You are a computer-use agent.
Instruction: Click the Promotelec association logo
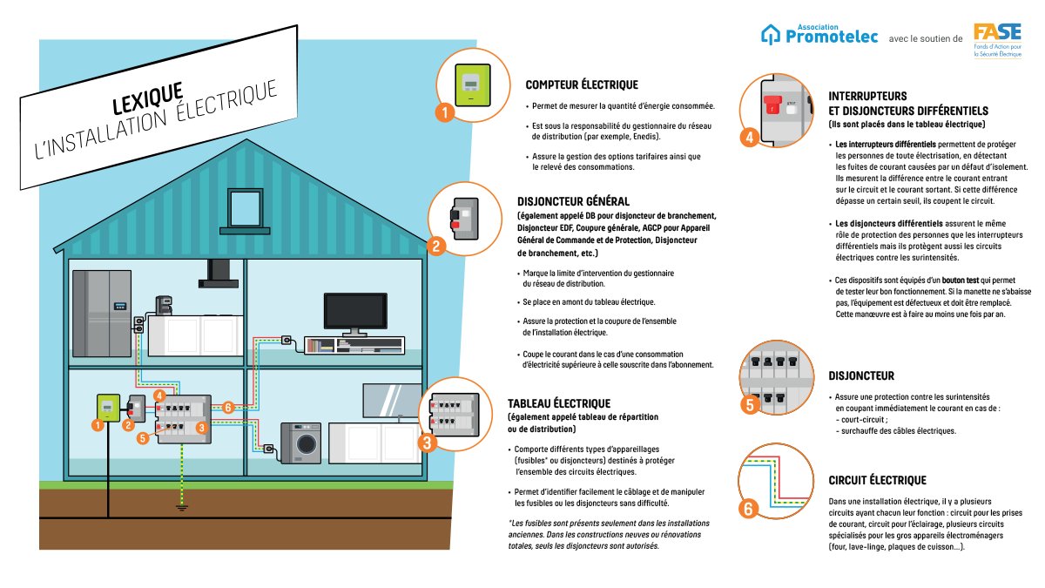tap(819, 34)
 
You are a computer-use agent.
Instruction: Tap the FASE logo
tap(997, 40)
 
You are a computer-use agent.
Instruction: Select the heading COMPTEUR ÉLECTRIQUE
tap(582, 85)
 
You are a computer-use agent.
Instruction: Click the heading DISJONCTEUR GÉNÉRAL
tap(573, 201)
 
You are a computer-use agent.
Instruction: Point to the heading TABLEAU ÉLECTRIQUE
tap(559, 403)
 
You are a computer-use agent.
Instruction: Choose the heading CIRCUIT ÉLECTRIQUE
tap(877, 480)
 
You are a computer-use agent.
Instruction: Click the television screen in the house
tap(355, 311)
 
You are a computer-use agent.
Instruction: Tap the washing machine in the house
tap(301, 443)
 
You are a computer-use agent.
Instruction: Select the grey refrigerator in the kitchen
tap(102, 313)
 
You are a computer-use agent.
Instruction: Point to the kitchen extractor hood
tap(219, 274)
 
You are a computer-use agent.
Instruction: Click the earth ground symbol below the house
tap(182, 508)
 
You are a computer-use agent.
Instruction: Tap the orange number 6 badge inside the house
tap(228, 408)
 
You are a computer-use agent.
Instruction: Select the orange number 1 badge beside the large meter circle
tap(445, 112)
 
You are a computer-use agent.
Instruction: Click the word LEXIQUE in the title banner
tap(147, 98)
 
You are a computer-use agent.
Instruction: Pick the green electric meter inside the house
tap(108, 408)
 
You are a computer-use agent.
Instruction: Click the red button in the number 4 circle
tap(772, 105)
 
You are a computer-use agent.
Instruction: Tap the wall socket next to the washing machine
tap(269, 449)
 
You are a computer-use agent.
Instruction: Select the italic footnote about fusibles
tap(609, 534)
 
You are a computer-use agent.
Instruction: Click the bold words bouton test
tap(960, 280)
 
